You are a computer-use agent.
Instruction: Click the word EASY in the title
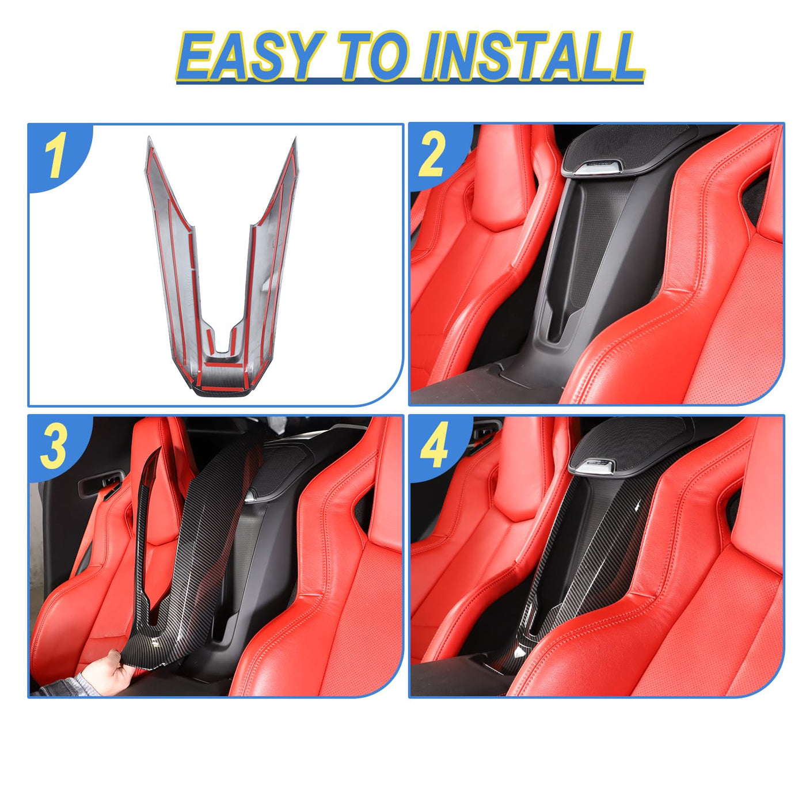[252, 57]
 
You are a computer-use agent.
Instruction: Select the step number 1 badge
[57, 155]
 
